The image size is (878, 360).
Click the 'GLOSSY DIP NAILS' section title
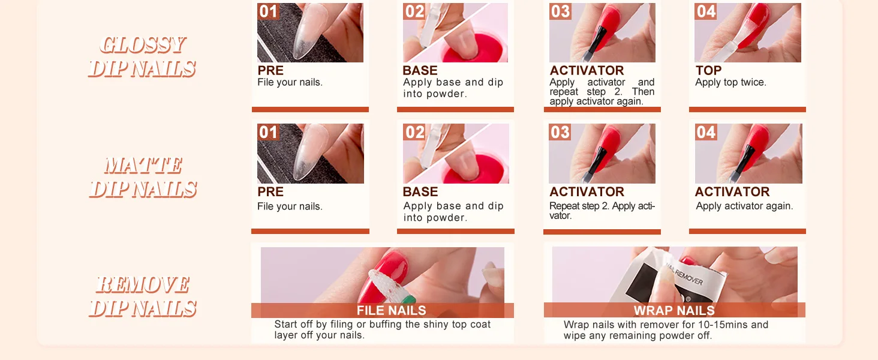[142, 57]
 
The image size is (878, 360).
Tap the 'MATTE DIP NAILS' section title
[143, 177]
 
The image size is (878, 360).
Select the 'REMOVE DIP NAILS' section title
[143, 296]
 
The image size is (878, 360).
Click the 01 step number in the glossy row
[268, 11]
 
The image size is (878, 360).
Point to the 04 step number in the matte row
[705, 132]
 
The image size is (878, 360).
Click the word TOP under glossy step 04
[708, 70]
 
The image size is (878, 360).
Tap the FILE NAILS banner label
[391, 311]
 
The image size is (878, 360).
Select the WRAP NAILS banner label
[674, 311]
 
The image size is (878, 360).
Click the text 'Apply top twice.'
[730, 82]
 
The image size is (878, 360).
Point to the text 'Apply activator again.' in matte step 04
[744, 206]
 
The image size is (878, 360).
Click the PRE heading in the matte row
[270, 192]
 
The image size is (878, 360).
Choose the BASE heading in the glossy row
[420, 70]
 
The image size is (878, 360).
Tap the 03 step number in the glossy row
[560, 11]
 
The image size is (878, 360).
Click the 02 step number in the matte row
[414, 132]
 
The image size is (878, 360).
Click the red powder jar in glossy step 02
[476, 49]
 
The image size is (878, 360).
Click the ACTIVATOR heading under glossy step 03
[587, 70]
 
